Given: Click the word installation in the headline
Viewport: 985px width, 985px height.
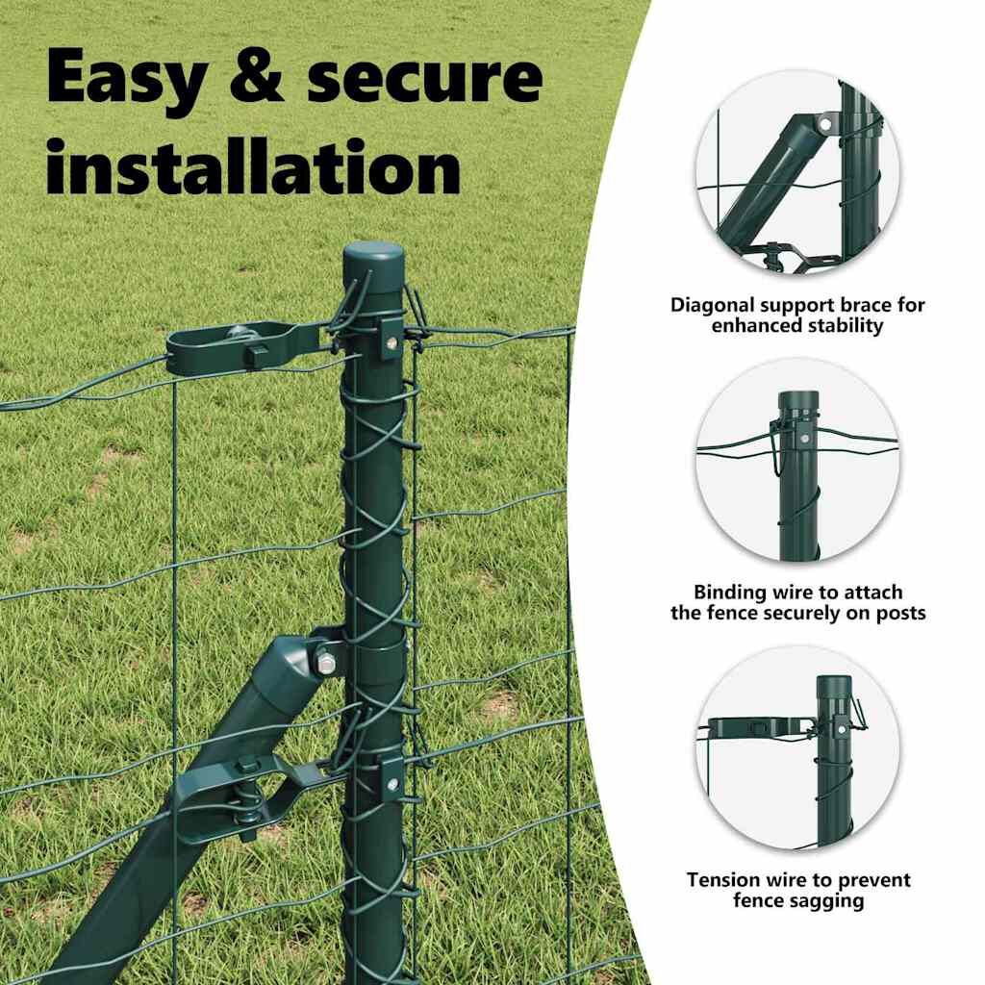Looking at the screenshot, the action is (x=253, y=165).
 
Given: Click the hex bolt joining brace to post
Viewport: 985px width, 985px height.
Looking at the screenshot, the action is (x=325, y=663).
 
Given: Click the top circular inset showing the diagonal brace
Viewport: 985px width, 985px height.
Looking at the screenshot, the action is (x=797, y=172).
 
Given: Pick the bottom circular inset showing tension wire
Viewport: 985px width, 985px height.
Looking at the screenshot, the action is (x=797, y=747).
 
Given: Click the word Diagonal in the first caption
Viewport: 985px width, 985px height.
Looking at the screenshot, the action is (x=712, y=306).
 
